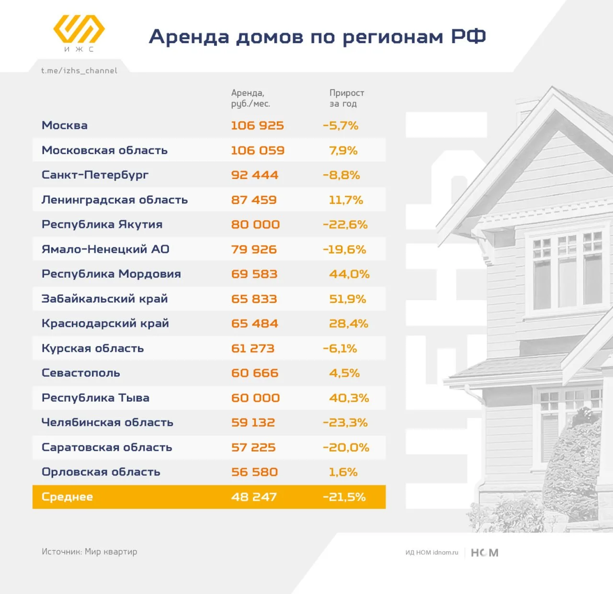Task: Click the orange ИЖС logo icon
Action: pos(79,29)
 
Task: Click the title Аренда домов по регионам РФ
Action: pos(317,36)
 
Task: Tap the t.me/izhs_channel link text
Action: pos(79,71)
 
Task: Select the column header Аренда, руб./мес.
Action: pos(250,98)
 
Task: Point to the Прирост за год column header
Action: pos(346,98)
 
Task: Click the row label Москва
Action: pos(65,125)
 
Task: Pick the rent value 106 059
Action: pos(258,150)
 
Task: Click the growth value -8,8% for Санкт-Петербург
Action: pos(341,175)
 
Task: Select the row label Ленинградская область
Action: pos(114,200)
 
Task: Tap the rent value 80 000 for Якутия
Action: pos(255,224)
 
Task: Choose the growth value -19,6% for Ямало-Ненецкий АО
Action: pos(344,249)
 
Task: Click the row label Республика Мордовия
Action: pos(111,274)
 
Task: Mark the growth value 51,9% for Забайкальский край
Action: pos(347,299)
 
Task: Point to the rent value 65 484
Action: pos(254,324)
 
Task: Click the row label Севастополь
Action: pos(80,373)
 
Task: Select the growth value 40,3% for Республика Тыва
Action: pos(349,398)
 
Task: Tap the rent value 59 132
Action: pos(253,423)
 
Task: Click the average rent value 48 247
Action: pos(254,497)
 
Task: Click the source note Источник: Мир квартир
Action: pos(89,552)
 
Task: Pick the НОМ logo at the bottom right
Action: pos(485,553)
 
